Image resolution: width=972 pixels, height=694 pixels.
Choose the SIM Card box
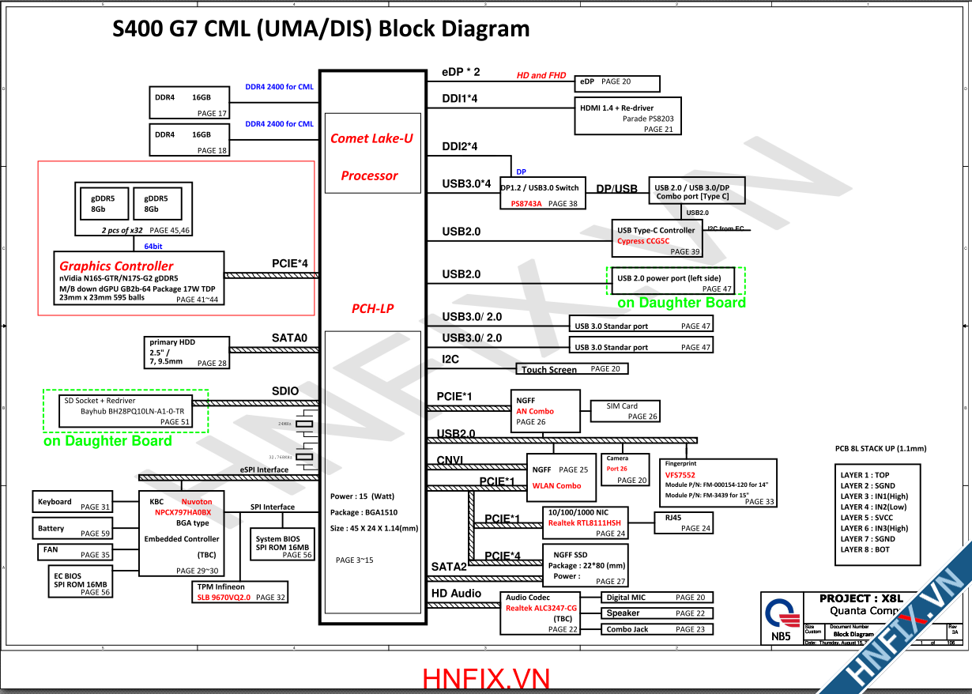click(625, 410)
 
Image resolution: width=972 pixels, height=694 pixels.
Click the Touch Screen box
click(572, 369)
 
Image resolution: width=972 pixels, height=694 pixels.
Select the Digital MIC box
click(657, 598)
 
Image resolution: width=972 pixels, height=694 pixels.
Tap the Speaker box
click(657, 613)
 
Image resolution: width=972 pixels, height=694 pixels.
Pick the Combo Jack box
click(657, 629)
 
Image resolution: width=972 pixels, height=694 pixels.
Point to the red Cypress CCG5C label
click(643, 241)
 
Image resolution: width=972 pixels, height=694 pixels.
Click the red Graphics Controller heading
click(116, 266)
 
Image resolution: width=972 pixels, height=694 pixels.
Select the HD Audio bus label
click(456, 594)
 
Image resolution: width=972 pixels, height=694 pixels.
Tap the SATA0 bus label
click(289, 338)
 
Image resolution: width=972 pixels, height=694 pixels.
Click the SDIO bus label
click(285, 391)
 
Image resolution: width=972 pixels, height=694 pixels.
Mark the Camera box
click(626, 470)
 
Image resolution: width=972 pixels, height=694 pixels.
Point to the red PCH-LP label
click(372, 309)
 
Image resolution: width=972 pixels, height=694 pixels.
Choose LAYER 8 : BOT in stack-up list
click(865, 549)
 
